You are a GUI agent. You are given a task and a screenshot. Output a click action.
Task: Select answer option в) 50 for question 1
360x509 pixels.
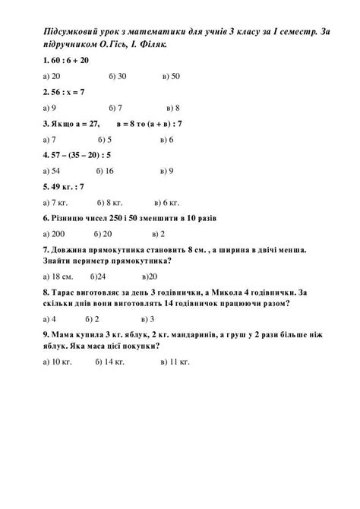point(171,76)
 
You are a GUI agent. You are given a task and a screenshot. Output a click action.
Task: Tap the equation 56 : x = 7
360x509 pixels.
point(68,92)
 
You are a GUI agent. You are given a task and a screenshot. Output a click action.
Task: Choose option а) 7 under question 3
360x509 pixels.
point(50,140)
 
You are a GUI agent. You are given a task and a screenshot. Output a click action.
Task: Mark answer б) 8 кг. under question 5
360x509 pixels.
point(110,203)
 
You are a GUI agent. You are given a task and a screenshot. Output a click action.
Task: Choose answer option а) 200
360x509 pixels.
point(55,234)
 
